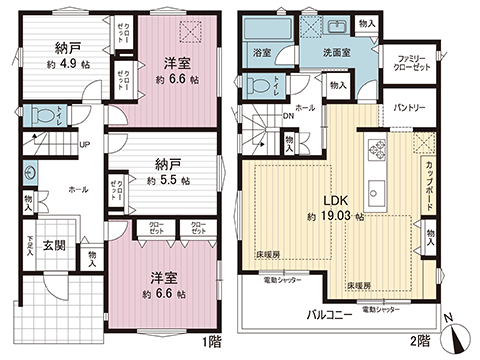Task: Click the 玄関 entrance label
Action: (54, 247)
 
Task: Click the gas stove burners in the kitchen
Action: (379, 149)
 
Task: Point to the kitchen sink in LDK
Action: (379, 190)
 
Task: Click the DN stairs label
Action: (290, 115)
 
